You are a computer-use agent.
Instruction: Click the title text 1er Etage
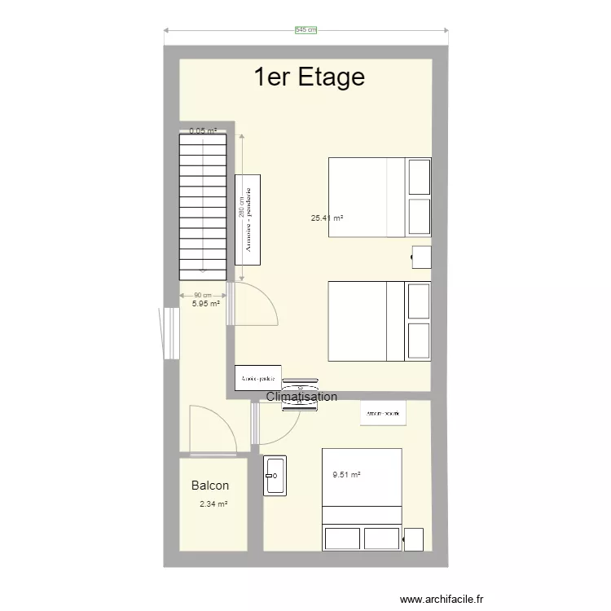(x=309, y=77)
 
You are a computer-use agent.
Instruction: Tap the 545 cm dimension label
(x=305, y=30)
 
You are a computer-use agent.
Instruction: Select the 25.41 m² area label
(x=327, y=218)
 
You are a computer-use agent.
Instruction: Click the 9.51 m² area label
(x=346, y=475)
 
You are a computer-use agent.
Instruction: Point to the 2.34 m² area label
(x=213, y=504)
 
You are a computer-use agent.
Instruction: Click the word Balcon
(x=210, y=486)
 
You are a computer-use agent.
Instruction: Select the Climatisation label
(x=301, y=397)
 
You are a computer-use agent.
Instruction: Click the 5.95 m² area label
(x=206, y=303)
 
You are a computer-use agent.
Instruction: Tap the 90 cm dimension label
(x=203, y=295)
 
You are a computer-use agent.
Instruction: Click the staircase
(x=202, y=205)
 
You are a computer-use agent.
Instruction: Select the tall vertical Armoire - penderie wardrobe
(x=248, y=219)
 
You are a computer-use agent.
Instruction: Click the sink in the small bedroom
(x=275, y=475)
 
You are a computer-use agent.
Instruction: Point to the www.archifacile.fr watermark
(x=442, y=598)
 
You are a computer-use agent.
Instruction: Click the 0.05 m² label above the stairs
(x=203, y=130)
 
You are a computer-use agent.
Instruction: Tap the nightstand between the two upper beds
(x=421, y=257)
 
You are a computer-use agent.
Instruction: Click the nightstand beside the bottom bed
(x=414, y=538)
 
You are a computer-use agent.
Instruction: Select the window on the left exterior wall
(x=169, y=332)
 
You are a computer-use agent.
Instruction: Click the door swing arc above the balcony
(x=213, y=429)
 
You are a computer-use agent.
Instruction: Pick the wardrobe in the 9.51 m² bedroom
(x=383, y=414)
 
